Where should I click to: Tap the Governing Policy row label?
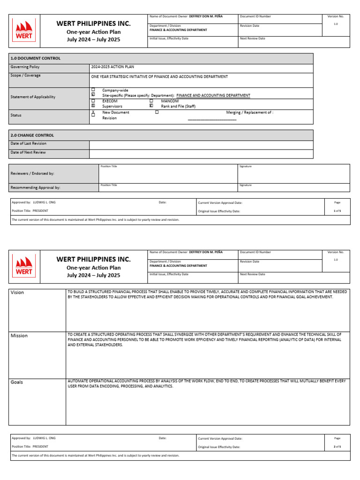point(25,67)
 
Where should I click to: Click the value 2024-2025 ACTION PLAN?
point(112,67)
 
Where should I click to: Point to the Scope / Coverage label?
point(25,75)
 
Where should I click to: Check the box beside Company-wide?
point(93,90)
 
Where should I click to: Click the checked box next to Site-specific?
point(93,95)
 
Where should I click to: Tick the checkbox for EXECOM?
point(93,101)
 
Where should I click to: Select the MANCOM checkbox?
point(151,101)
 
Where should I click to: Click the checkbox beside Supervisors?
point(93,106)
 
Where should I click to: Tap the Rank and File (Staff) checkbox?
point(151,106)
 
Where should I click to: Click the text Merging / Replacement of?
point(249,112)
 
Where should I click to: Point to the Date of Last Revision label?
point(28,143)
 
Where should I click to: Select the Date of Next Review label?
point(28,152)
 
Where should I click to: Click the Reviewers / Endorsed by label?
point(32,173)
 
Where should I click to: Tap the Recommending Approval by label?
point(35,187)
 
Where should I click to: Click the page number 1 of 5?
point(337,211)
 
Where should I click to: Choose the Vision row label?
point(17,292)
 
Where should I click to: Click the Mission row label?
point(19,336)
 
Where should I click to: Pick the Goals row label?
point(17,382)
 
